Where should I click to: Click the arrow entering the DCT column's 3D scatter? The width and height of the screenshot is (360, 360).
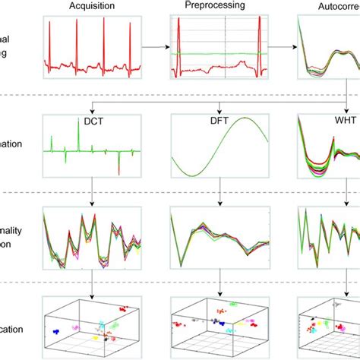click(92, 290)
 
